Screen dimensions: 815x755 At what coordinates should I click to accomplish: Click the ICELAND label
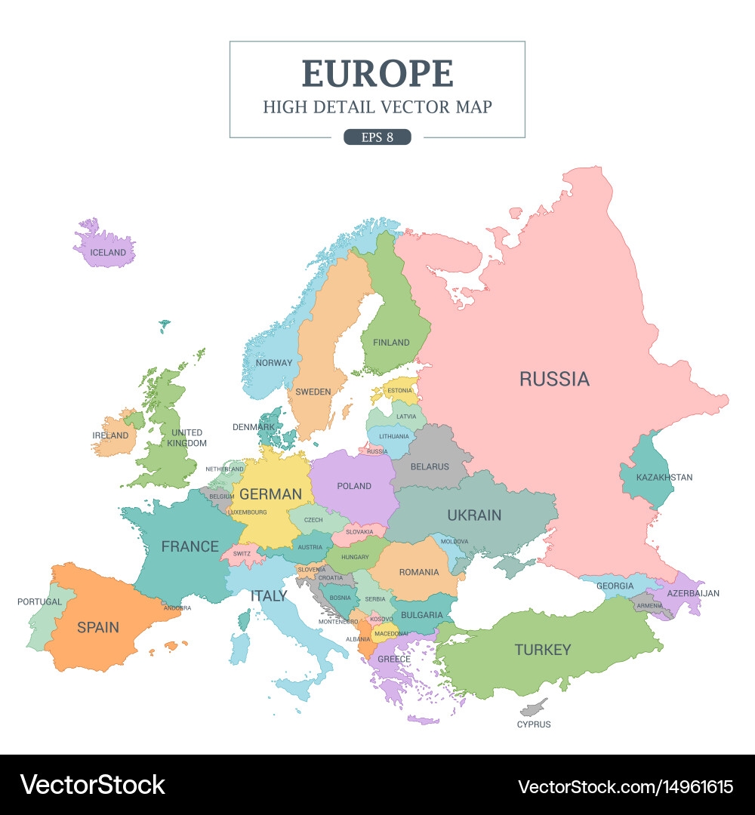click(x=107, y=253)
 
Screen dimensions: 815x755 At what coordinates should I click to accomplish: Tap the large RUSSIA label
click(x=554, y=379)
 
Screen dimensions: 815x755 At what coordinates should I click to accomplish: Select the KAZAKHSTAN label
click(x=664, y=478)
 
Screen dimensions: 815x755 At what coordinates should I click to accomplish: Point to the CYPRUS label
click(x=534, y=724)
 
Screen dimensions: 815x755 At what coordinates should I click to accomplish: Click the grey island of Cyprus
click(x=534, y=708)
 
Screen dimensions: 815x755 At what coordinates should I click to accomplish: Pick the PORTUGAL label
click(x=40, y=602)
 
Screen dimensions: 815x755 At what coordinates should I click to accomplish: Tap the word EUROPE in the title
click(x=377, y=73)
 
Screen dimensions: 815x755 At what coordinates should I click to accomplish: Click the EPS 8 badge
click(x=377, y=137)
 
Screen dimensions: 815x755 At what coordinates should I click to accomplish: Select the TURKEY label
click(x=543, y=649)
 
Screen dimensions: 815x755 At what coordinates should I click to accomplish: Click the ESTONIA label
click(x=399, y=391)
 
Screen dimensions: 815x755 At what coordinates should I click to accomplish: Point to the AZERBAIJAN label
click(x=693, y=593)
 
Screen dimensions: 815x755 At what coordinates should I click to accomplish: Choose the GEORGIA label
click(x=615, y=586)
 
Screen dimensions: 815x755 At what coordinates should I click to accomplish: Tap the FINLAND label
click(x=391, y=343)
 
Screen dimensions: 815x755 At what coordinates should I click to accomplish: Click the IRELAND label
click(x=110, y=435)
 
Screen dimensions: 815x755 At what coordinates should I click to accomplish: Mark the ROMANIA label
click(x=419, y=573)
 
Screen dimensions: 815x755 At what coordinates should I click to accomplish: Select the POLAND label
click(x=354, y=486)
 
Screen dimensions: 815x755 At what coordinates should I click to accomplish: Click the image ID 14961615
click(x=674, y=786)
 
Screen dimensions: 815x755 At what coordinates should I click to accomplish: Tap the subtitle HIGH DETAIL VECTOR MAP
click(x=377, y=107)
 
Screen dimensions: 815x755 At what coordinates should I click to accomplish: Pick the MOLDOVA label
click(x=455, y=542)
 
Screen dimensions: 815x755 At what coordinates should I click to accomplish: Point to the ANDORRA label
click(x=177, y=607)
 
